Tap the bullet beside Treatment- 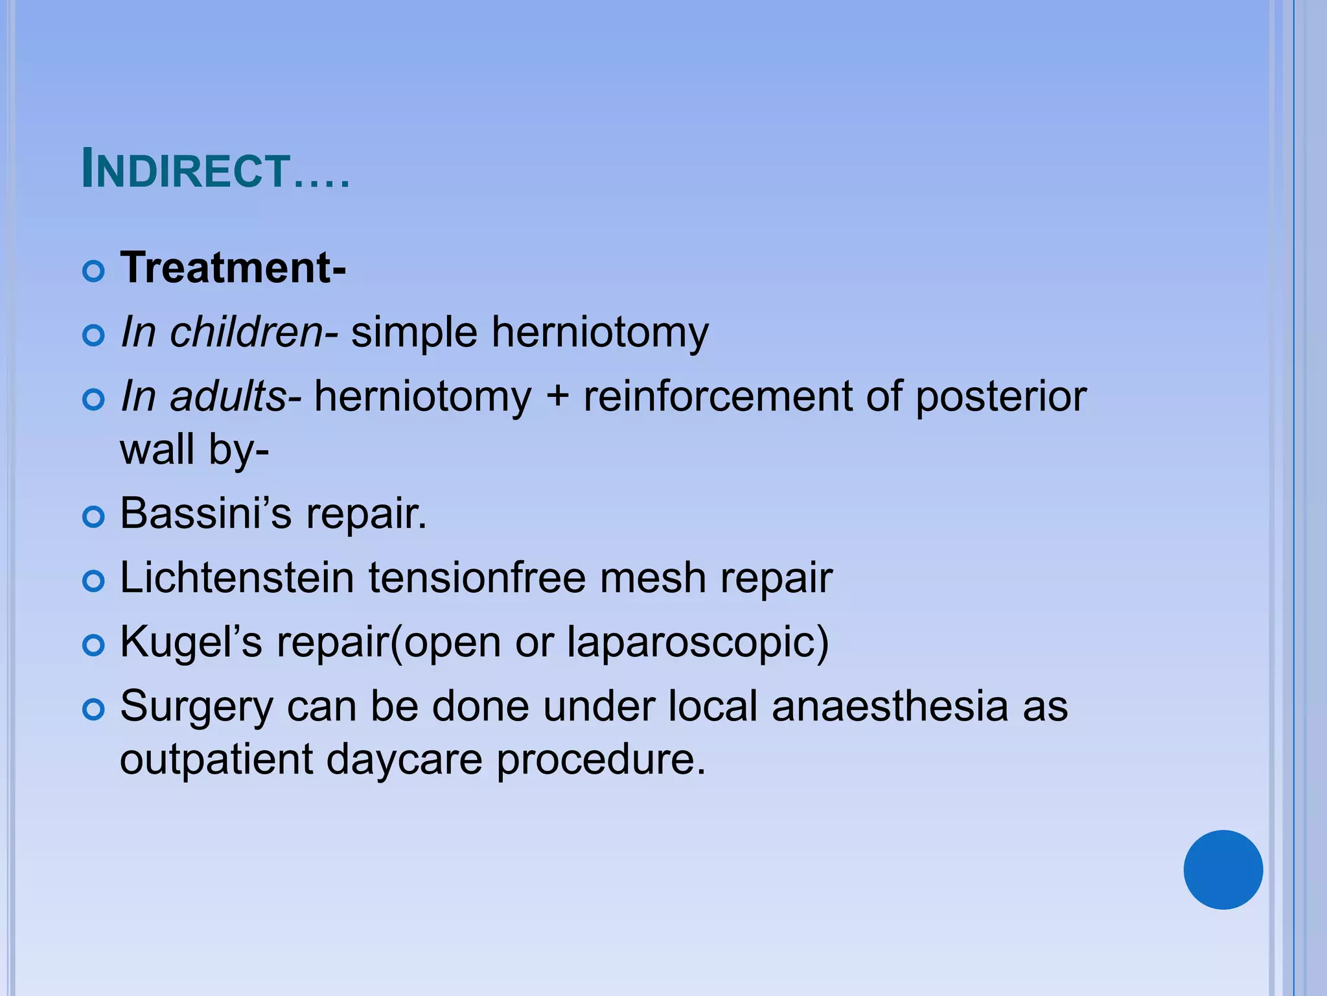click(94, 271)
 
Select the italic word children click(246, 332)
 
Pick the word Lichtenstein click(237, 577)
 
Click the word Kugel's click(191, 642)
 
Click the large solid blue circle click(1223, 870)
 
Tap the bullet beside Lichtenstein click(94, 581)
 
